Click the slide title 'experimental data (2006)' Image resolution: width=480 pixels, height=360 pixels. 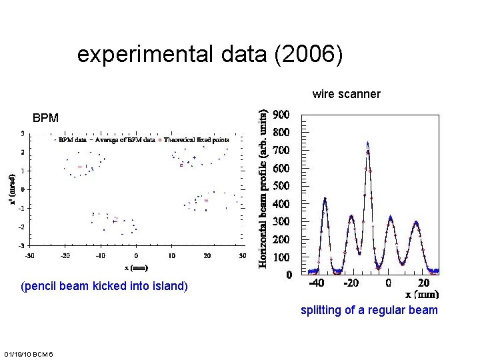pyautogui.click(x=210, y=55)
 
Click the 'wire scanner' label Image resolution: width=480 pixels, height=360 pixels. pyautogui.click(x=346, y=94)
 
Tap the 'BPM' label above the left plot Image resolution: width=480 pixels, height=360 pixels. pyautogui.click(x=45, y=118)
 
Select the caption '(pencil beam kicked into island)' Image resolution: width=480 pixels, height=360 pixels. pyautogui.click(x=105, y=287)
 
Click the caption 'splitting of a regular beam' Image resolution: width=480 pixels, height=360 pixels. pyautogui.click(x=369, y=309)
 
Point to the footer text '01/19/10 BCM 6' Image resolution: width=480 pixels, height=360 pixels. pyautogui.click(x=33, y=353)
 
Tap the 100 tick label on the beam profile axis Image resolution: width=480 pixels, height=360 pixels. pyautogui.click(x=282, y=257)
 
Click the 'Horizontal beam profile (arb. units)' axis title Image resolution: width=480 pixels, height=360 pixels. pyautogui.click(x=265, y=189)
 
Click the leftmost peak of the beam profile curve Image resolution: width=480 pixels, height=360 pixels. pyautogui.click(x=325, y=198)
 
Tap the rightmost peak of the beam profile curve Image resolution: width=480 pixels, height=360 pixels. pyautogui.click(x=415, y=221)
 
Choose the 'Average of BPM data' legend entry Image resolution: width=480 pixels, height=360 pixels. pyautogui.click(x=125, y=140)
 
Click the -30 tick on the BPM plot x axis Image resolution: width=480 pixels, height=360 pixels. pyautogui.click(x=29, y=255)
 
